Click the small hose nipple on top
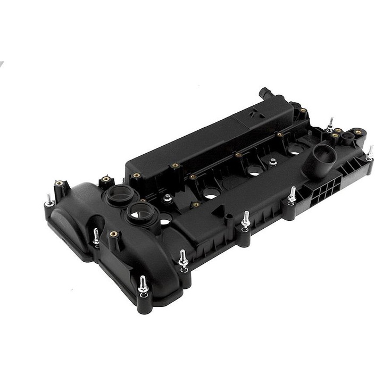(x=264, y=95)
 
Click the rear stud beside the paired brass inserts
(x=330, y=123)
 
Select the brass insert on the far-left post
(x=59, y=185)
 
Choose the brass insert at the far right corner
(x=357, y=132)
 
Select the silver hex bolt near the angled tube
(x=273, y=162)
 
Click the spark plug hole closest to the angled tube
(x=294, y=153)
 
